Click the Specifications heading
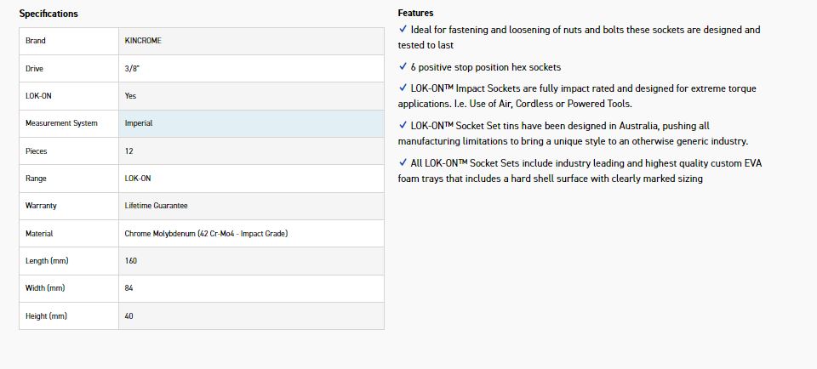49,14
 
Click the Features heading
415,13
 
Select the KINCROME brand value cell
143,41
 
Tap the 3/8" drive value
131,68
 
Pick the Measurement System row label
61,123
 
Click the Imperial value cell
139,123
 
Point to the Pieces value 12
129,150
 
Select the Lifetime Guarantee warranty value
156,206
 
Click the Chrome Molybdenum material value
205,233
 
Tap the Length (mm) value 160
131,261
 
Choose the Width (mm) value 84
129,288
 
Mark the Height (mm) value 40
129,316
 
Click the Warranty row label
42,206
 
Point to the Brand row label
36,41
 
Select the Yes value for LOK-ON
130,96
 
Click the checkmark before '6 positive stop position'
403,66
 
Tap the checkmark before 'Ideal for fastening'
403,29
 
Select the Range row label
37,179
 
